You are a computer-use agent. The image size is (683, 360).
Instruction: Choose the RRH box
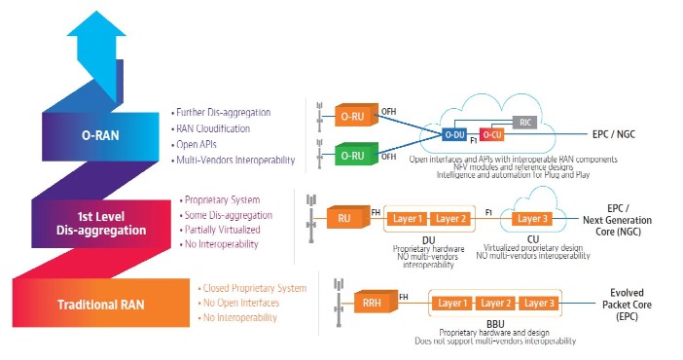click(x=373, y=304)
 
